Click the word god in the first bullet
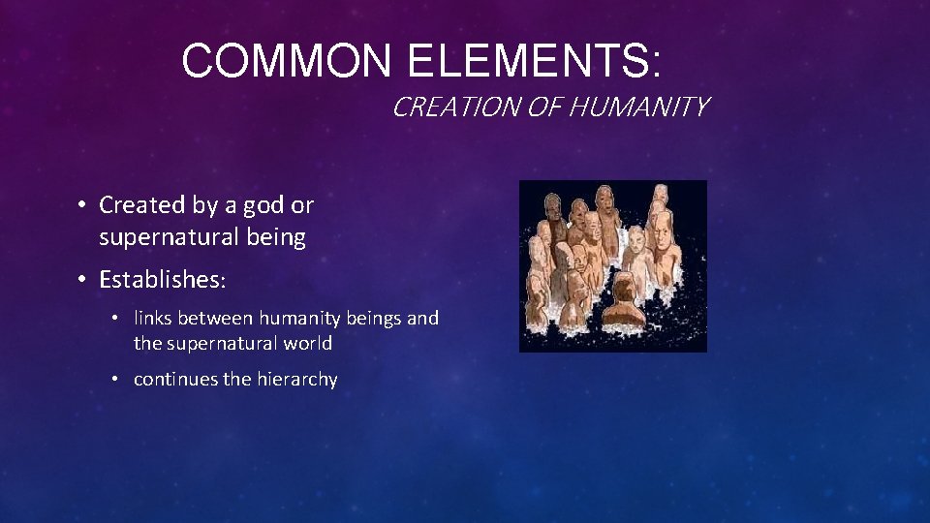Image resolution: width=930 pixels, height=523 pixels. coord(267,205)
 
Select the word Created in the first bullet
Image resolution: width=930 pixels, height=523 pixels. coord(140,205)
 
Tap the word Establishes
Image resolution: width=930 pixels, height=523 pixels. coord(161,280)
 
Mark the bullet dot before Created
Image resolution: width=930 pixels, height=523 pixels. coord(84,205)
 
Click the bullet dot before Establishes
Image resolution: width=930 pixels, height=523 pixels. coord(84,280)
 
